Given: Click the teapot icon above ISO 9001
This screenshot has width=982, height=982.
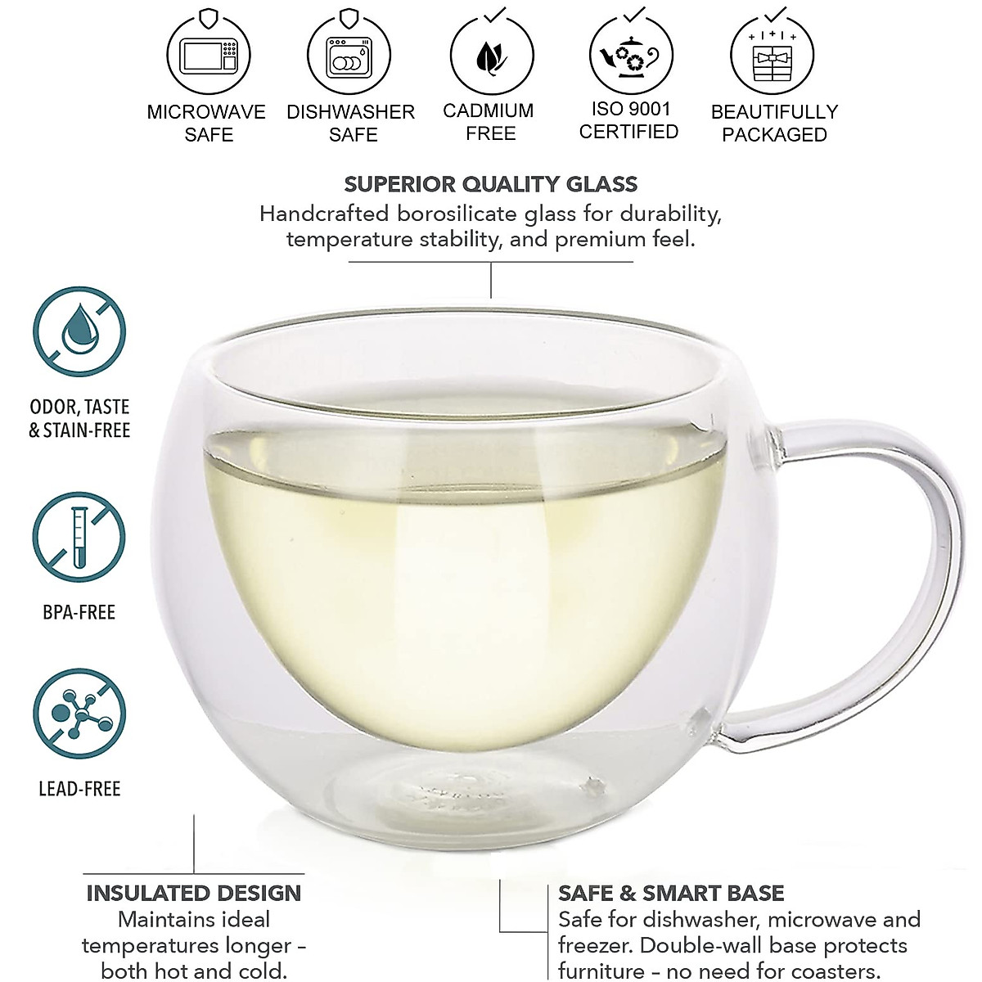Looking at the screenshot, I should (631, 56).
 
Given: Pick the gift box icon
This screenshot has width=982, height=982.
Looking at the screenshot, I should (773, 57).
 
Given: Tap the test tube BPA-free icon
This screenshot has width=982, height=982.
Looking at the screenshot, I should (79, 538).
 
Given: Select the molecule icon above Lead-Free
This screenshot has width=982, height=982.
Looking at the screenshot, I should (79, 714).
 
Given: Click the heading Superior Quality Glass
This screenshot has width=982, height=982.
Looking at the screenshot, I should (490, 184).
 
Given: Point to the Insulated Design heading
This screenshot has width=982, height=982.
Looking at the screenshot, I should (194, 893).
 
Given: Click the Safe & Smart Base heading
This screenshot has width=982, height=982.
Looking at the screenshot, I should (671, 893).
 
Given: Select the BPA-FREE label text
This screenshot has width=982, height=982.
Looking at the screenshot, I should (79, 612).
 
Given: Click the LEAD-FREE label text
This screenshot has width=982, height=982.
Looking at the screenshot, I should (79, 789).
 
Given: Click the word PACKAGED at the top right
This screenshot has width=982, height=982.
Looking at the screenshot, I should (774, 135).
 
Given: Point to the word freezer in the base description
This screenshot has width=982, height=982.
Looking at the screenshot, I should (597, 946).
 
